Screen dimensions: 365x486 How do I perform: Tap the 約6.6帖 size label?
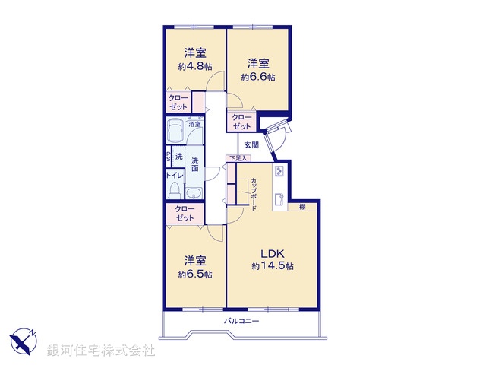pos(258,77)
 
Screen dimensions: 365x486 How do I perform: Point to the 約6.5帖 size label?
pos(195,274)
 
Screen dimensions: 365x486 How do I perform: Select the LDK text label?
pos(273,254)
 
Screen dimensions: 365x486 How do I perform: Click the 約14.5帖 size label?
pos(273,266)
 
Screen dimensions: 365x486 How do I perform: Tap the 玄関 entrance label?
pos(251,144)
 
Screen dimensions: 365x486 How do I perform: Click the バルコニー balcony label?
pos(241,321)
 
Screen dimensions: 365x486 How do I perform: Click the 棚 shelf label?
pos(302,206)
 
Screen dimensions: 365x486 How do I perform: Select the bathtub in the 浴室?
pos(175,132)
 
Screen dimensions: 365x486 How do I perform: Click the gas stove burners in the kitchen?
pos(279,171)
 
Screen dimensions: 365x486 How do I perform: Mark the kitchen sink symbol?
pos(279,201)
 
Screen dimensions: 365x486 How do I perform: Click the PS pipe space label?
pos(169,157)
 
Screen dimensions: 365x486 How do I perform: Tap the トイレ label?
pos(174,175)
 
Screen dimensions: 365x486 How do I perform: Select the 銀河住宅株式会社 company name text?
pos(101,351)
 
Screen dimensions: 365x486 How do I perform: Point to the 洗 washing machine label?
pos(179,157)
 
